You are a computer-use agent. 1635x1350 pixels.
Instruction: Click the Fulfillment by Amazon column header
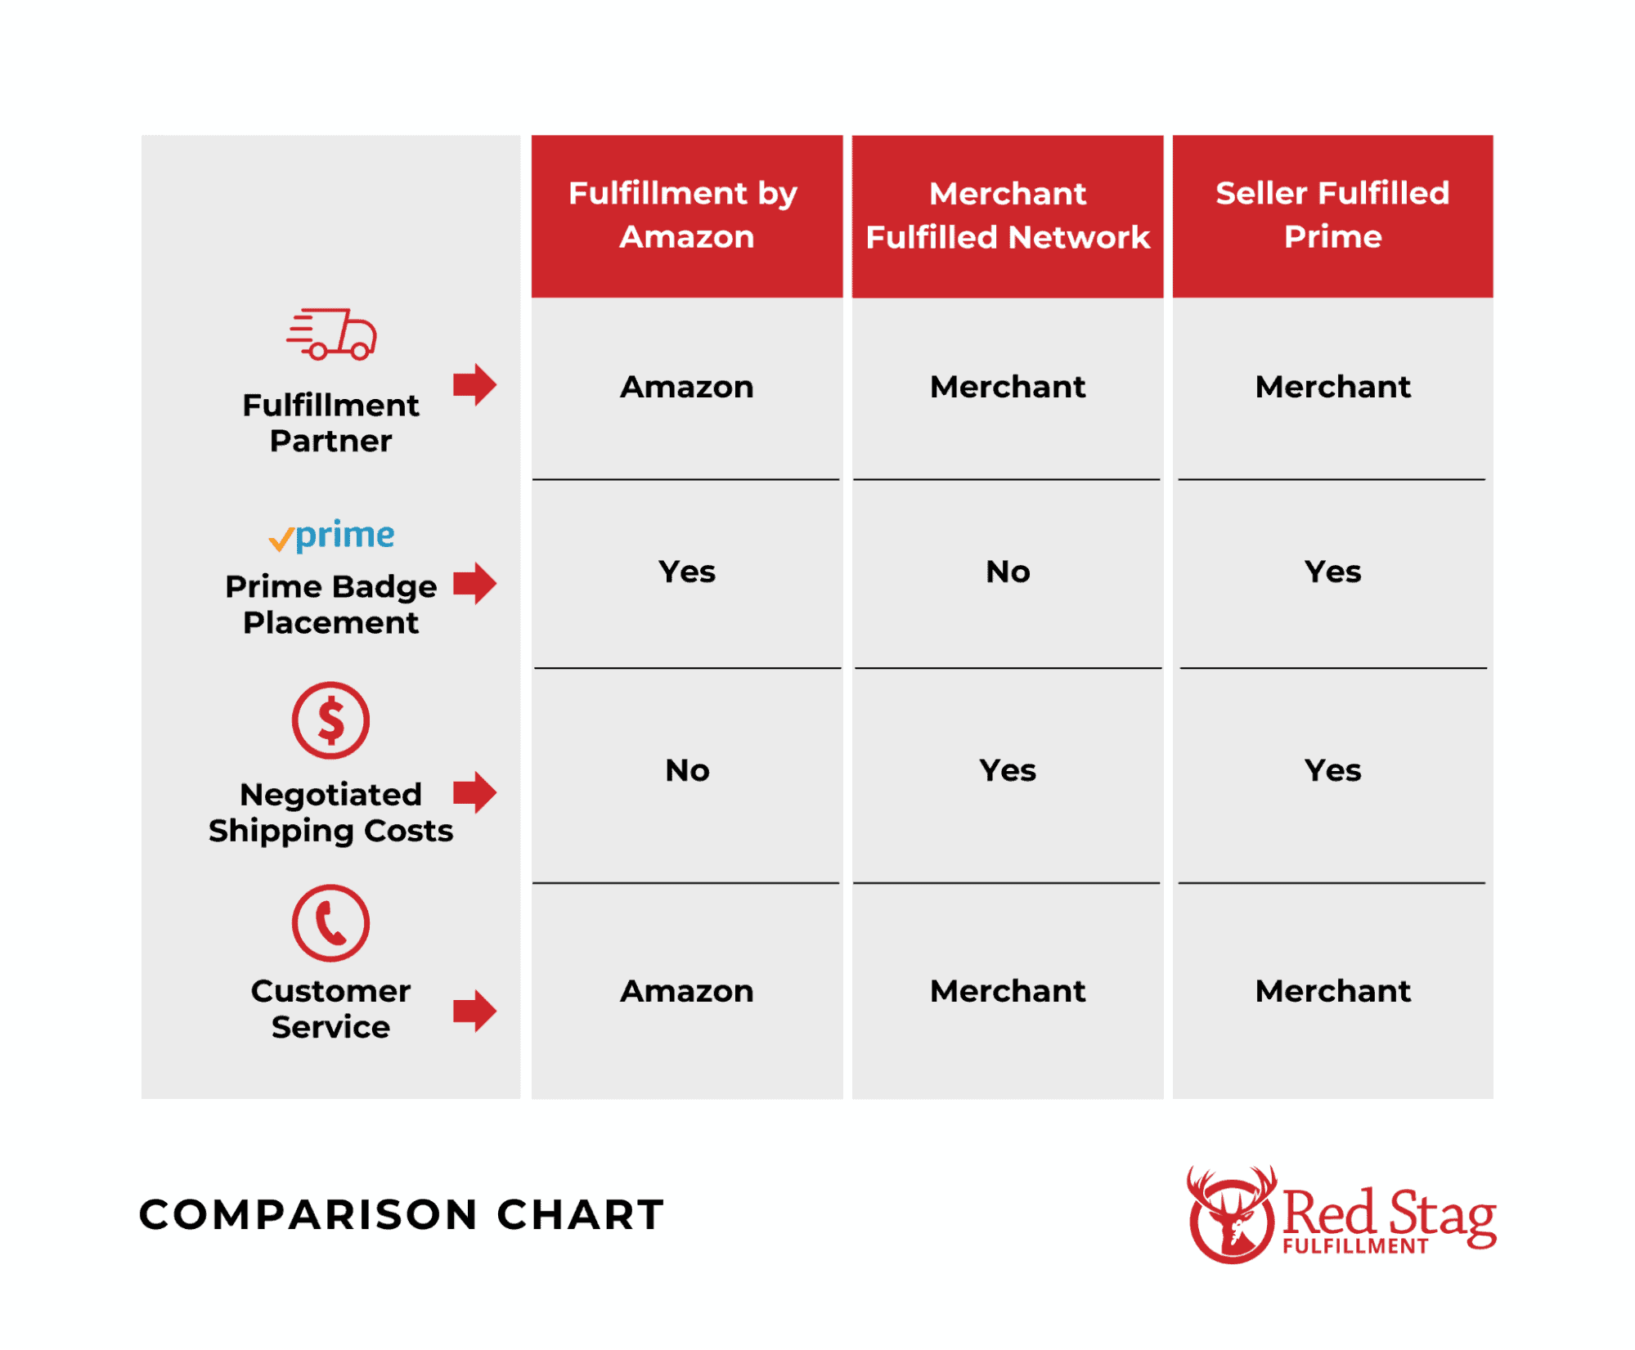tap(686, 215)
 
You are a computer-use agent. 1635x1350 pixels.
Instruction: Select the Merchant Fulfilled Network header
tap(1007, 215)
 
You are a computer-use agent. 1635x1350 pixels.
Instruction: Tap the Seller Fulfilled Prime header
tap(1332, 215)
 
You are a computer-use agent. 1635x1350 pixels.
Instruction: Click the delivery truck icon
tap(331, 334)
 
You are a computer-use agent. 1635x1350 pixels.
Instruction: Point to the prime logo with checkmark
tap(331, 536)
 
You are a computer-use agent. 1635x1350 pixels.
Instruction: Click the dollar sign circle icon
tap(330, 720)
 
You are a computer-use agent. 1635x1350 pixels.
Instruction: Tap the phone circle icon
tap(330, 922)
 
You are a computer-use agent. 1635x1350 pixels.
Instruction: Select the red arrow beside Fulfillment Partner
tap(474, 384)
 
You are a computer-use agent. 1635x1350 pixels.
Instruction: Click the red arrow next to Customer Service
tap(474, 1011)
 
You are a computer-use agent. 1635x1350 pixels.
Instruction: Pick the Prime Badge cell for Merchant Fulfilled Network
tap(1007, 572)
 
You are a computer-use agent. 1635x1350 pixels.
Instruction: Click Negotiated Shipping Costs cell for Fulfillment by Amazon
tap(686, 770)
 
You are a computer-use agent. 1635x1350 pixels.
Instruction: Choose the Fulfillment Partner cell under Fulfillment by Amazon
tap(686, 387)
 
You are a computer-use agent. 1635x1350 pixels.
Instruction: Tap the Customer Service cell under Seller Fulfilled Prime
tap(1332, 991)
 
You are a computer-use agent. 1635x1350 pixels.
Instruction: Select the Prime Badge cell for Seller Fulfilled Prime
tap(1332, 572)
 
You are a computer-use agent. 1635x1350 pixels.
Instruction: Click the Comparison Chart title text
tap(401, 1214)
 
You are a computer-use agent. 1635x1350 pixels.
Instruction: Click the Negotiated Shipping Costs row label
tap(330, 813)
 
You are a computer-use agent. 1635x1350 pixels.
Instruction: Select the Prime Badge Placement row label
tap(330, 604)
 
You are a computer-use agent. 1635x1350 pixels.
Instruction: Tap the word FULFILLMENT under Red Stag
tap(1354, 1246)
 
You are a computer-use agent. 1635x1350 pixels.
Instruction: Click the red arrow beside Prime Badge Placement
tap(474, 584)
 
